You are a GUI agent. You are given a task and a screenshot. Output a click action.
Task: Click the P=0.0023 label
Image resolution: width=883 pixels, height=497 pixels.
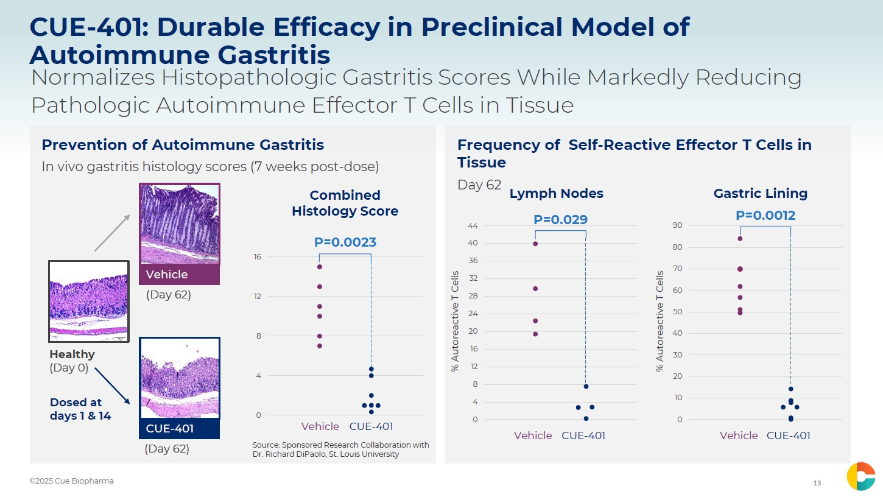pyautogui.click(x=345, y=242)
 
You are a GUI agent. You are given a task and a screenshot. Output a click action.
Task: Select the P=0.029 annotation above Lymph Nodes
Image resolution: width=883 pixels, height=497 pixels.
pyautogui.click(x=560, y=220)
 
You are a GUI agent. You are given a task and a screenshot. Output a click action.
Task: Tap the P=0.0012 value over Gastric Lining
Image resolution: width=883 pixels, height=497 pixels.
pyautogui.click(x=765, y=216)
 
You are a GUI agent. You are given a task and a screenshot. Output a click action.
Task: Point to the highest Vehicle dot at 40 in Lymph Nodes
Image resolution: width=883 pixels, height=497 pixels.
pyautogui.click(x=535, y=244)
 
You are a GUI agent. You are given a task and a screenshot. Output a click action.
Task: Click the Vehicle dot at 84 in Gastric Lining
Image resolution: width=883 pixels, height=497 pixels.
pyautogui.click(x=740, y=238)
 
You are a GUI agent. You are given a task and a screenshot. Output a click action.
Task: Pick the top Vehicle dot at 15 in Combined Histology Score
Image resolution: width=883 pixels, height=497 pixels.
pyautogui.click(x=320, y=267)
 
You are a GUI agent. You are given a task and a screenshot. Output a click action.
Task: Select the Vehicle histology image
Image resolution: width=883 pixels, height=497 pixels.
pyautogui.click(x=180, y=224)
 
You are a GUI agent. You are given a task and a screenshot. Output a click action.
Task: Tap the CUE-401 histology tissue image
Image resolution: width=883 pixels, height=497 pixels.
pyautogui.click(x=180, y=378)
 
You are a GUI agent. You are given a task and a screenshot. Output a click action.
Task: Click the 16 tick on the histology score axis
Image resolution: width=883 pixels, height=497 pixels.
pyautogui.click(x=258, y=257)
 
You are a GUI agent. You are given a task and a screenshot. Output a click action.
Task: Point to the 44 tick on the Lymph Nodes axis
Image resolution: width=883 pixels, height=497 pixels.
pyautogui.click(x=473, y=226)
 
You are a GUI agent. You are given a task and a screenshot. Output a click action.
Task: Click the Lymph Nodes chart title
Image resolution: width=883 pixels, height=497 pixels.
pyautogui.click(x=556, y=194)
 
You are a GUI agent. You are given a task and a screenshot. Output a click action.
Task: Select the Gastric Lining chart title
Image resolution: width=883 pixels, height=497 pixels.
pyautogui.click(x=760, y=194)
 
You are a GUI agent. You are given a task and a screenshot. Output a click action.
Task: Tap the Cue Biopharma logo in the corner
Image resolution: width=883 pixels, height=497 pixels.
pyautogui.click(x=860, y=476)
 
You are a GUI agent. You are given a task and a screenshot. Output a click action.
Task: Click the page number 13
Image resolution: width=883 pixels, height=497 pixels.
pyautogui.click(x=817, y=484)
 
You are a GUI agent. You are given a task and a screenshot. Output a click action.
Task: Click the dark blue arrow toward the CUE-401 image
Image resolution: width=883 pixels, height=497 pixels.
pyautogui.click(x=113, y=385)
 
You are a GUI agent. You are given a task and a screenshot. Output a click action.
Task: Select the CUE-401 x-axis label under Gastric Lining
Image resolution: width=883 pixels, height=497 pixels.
pyautogui.click(x=788, y=435)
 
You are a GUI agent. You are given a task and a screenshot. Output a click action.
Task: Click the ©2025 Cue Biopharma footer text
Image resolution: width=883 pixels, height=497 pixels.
pyautogui.click(x=71, y=481)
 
